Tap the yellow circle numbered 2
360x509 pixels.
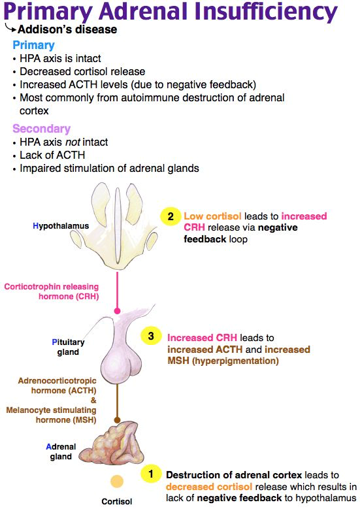click(x=169, y=216)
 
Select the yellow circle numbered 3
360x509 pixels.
click(x=151, y=337)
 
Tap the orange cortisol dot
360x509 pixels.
click(x=116, y=482)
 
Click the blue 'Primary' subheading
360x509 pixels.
click(x=33, y=45)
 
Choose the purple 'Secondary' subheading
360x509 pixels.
click(x=41, y=129)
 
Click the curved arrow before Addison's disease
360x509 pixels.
click(x=10, y=28)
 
